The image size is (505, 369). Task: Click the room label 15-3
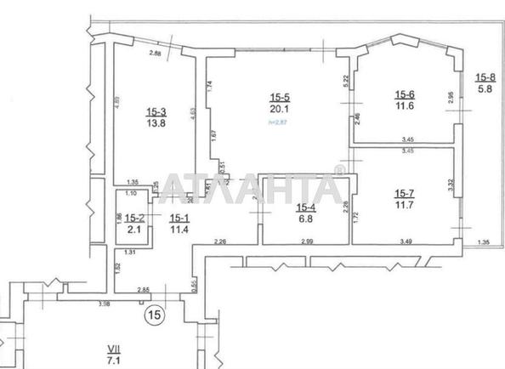(x=156, y=111)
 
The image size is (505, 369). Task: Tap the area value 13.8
(x=156, y=123)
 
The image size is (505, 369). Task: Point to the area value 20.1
(x=280, y=110)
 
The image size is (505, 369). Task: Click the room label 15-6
(x=404, y=94)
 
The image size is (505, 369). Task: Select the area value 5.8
(x=485, y=88)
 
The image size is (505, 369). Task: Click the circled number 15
(x=154, y=315)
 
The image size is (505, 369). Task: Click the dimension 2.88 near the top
(x=156, y=54)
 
